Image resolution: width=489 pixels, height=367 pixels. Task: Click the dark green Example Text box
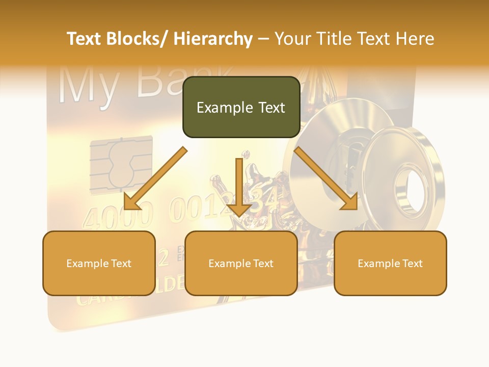point(241,107)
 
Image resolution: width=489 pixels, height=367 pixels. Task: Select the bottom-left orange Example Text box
point(99,263)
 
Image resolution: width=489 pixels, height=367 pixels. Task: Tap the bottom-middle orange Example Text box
point(241,263)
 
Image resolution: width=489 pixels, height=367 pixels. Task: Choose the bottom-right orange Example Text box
point(390,263)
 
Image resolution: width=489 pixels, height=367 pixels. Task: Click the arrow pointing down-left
point(155,179)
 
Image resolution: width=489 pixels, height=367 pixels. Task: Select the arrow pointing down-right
point(325,178)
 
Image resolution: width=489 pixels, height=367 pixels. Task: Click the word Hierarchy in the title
point(212,39)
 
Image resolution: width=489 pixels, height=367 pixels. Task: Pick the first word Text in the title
point(86,39)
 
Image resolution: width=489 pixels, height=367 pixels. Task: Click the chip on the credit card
point(121,164)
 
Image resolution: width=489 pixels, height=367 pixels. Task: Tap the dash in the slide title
point(263,39)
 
